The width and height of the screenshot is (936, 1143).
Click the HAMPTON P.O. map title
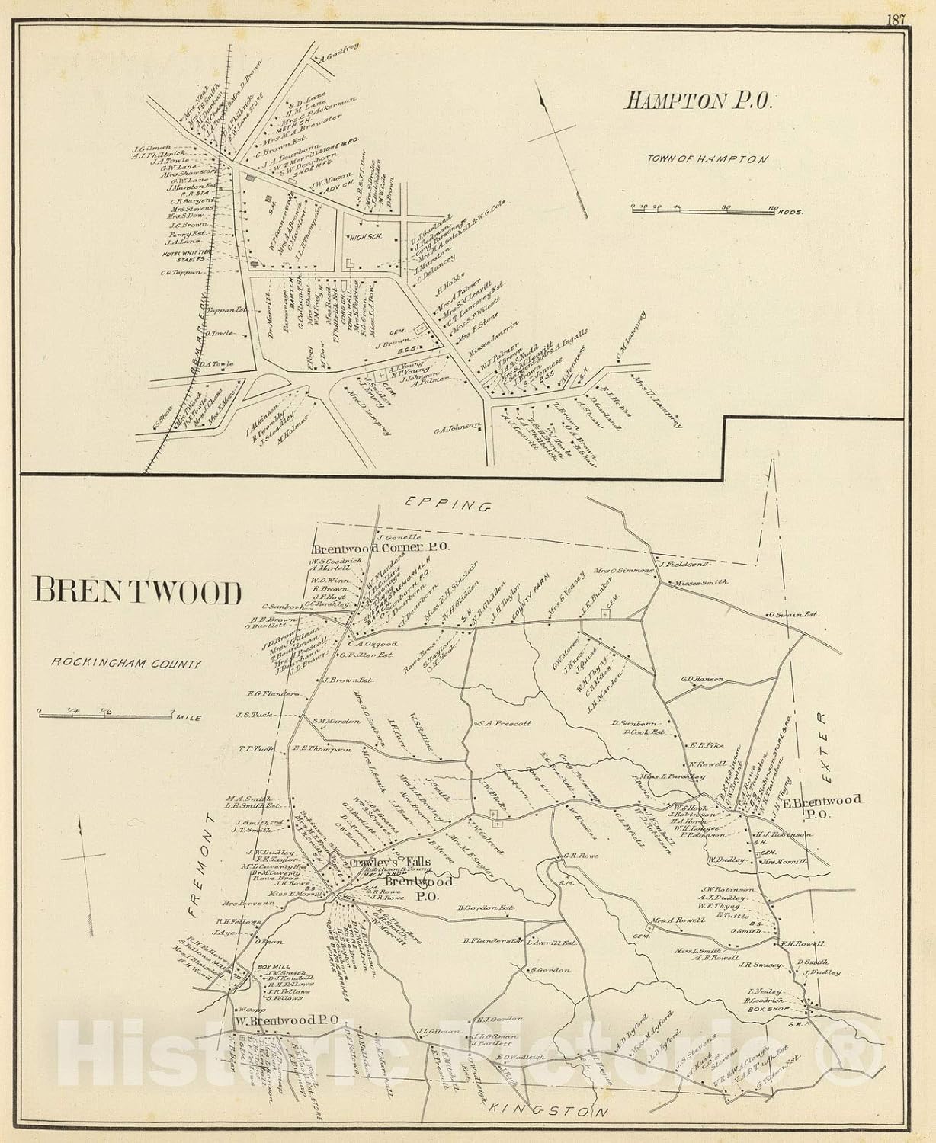(x=699, y=101)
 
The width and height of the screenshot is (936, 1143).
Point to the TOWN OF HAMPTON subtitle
(x=707, y=159)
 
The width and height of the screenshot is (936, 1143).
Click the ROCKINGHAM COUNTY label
(x=127, y=664)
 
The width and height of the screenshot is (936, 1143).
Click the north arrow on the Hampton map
(x=559, y=134)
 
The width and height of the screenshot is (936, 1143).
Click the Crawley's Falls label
(x=380, y=862)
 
